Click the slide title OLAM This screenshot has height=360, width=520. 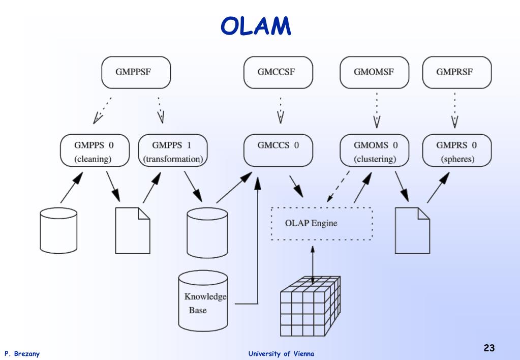(x=256, y=26)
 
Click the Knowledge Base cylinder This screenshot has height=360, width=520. (x=203, y=301)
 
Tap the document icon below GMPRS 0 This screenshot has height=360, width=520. (x=412, y=231)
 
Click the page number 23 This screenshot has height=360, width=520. (x=489, y=348)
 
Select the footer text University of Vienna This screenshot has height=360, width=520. (x=281, y=354)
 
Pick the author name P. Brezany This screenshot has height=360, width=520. (x=22, y=354)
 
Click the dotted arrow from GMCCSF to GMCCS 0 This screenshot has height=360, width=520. (x=281, y=110)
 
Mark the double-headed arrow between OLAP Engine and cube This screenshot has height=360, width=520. (x=313, y=265)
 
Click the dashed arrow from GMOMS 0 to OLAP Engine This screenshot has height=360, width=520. (x=338, y=187)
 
